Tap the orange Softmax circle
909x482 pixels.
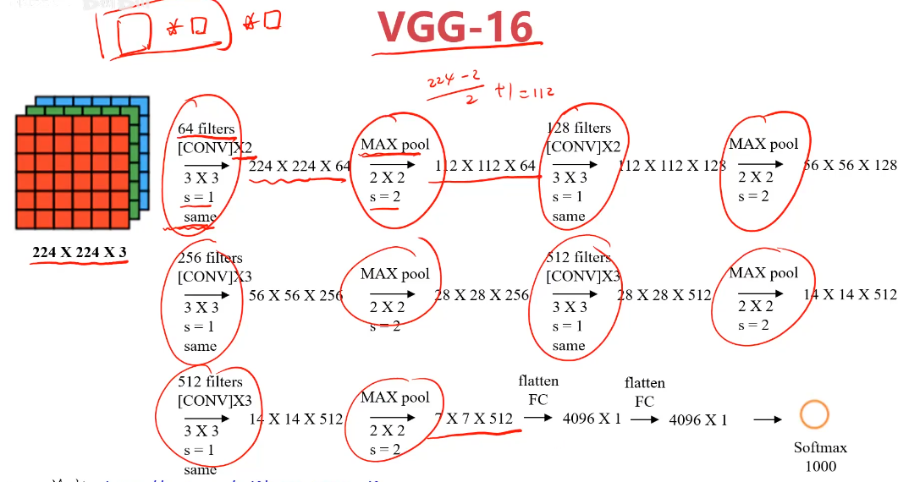tap(814, 414)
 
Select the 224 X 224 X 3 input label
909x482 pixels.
tap(80, 252)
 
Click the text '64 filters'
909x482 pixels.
tap(206, 129)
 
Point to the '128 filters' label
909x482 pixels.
tap(579, 129)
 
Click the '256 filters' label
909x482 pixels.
tap(210, 258)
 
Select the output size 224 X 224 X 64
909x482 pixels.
tap(300, 166)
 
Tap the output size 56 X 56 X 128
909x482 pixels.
tap(850, 165)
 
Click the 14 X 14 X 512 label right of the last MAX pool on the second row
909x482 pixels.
tap(850, 294)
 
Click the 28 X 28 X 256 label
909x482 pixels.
tap(481, 295)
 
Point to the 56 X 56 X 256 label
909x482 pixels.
tap(295, 295)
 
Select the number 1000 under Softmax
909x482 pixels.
tap(820, 466)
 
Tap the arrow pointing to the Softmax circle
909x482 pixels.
tap(767, 419)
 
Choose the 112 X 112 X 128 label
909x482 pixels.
tap(672, 166)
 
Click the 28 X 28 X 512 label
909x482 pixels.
tap(664, 295)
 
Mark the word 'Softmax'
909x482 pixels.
tap(820, 447)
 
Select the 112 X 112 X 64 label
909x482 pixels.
tap(485, 166)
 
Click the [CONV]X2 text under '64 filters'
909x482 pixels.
tap(215, 147)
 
